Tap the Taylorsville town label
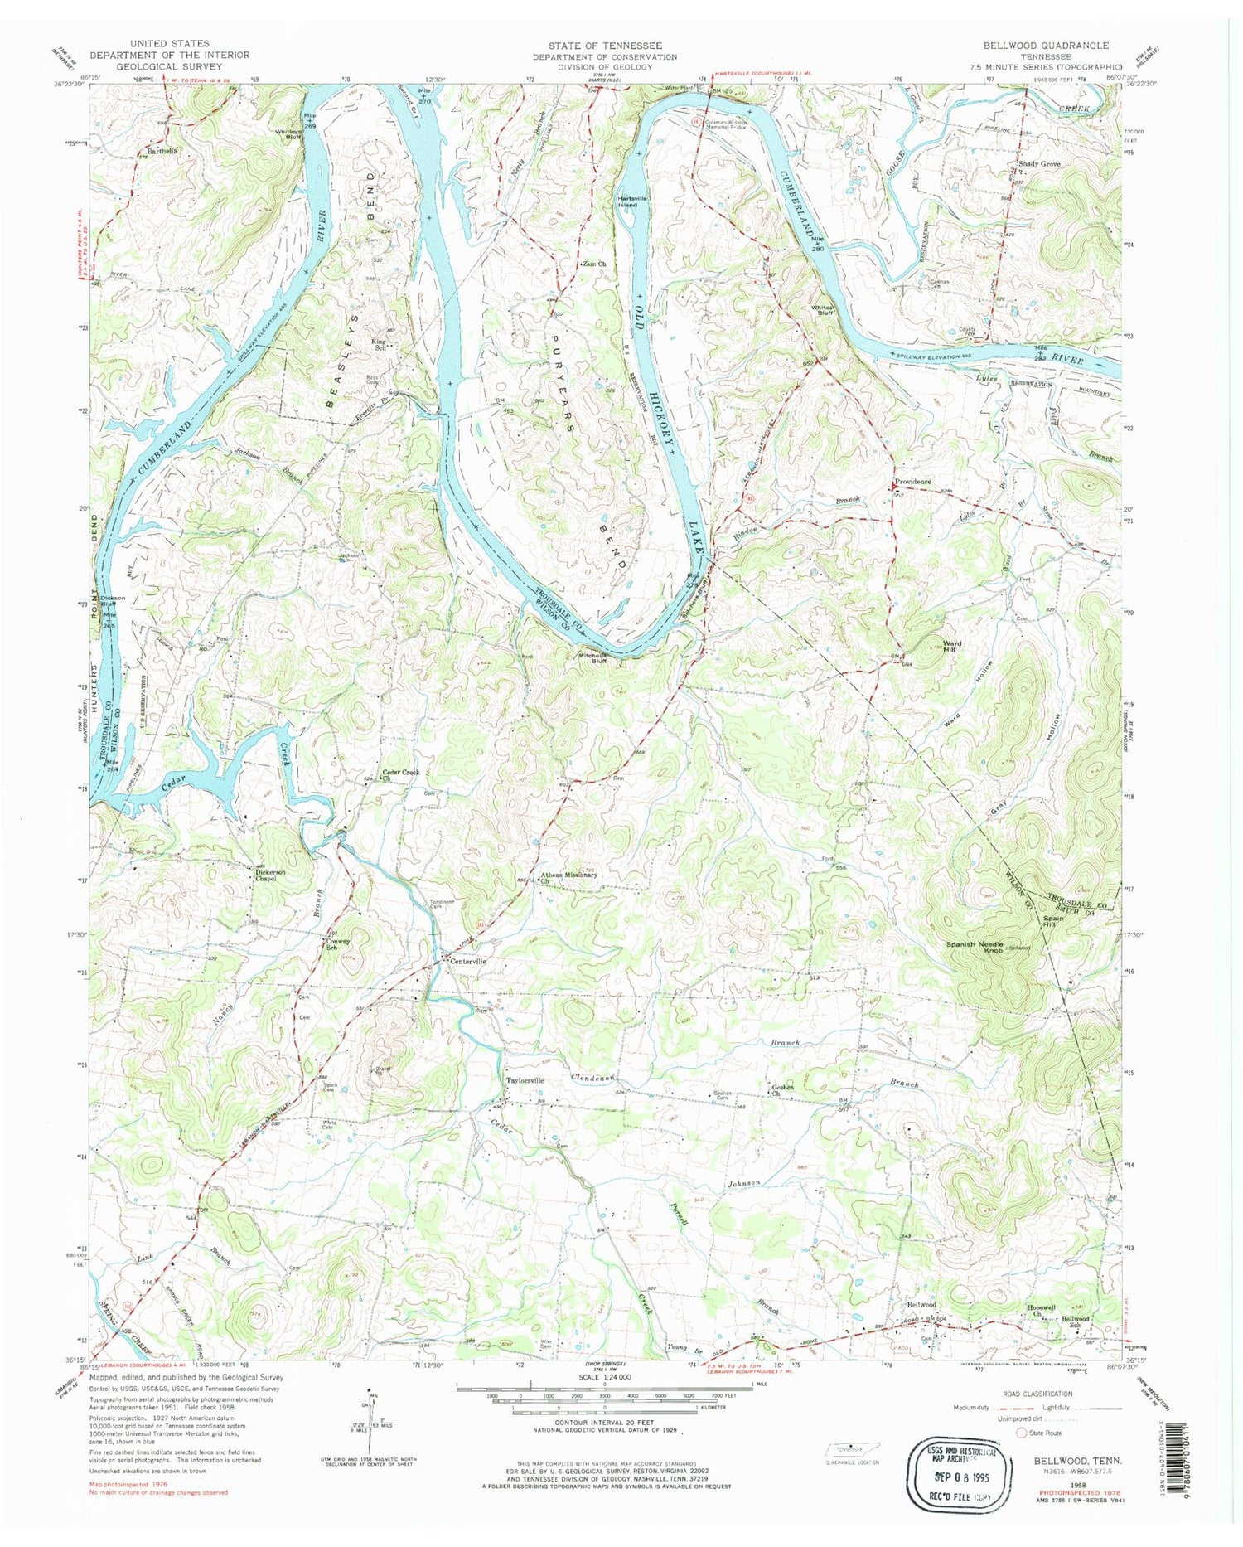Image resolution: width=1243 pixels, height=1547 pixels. click(525, 1081)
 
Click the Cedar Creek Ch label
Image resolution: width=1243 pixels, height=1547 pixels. click(400, 774)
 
